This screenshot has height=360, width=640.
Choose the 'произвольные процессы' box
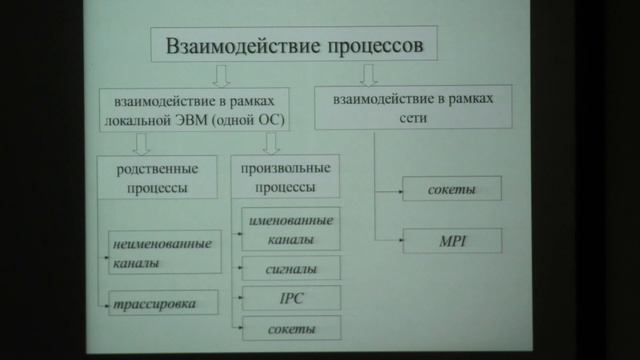(285, 177)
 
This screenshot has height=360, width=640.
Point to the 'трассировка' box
(162, 301)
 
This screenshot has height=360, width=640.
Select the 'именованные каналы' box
(288, 230)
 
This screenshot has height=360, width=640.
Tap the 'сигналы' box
(288, 268)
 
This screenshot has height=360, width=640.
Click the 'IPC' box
(288, 298)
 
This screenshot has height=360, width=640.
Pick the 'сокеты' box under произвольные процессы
(288, 328)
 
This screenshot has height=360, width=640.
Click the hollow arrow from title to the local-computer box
(222, 75)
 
